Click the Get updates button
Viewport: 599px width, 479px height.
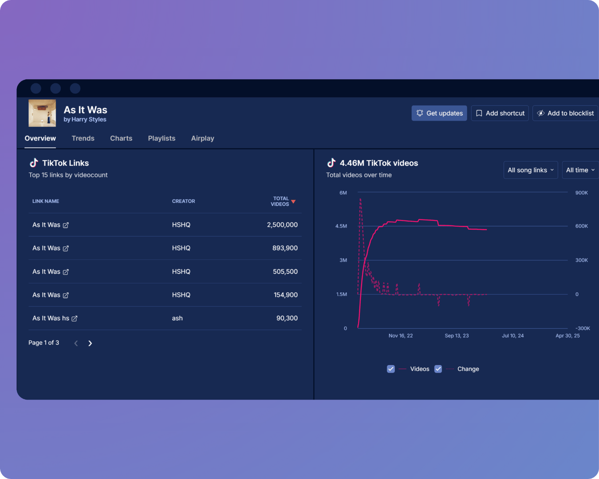point(439,113)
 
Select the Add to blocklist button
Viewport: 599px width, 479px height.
point(565,113)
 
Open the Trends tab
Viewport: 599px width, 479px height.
point(83,138)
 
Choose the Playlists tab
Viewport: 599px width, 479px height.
point(162,138)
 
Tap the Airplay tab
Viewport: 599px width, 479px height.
point(202,138)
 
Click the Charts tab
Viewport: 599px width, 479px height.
point(121,138)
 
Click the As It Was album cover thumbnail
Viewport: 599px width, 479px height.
point(42,113)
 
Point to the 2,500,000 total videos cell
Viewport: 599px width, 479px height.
point(282,225)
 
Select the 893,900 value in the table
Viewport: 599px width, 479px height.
point(285,248)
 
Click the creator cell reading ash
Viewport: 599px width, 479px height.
point(177,318)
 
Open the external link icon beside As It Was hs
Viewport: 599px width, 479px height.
point(75,318)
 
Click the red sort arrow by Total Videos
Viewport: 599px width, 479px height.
point(293,201)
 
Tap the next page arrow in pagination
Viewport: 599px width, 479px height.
point(90,343)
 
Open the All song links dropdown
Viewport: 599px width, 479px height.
point(530,170)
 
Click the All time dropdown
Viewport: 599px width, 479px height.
point(580,170)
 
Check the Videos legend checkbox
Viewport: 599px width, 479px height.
point(391,369)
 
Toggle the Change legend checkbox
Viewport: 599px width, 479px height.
point(438,369)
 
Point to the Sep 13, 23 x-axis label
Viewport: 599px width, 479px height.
point(457,336)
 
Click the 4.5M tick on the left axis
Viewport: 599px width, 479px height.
point(341,226)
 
